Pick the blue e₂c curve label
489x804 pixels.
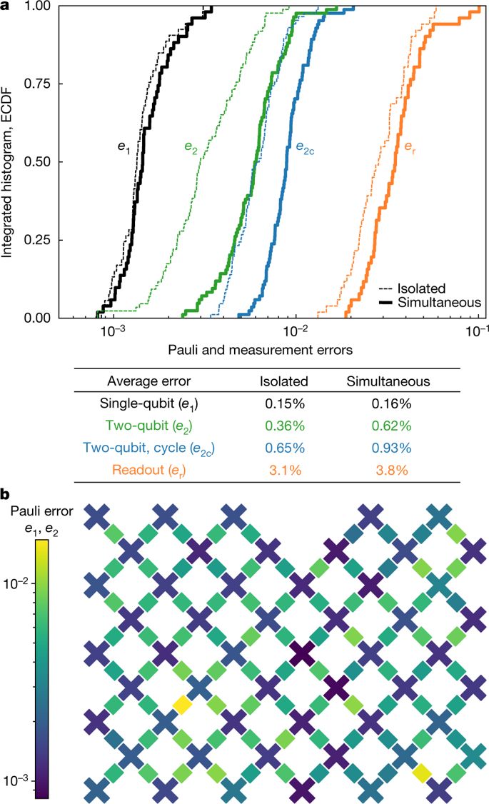(x=308, y=147)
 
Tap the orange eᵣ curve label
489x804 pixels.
(x=410, y=147)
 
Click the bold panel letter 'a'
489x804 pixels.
(x=6, y=6)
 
